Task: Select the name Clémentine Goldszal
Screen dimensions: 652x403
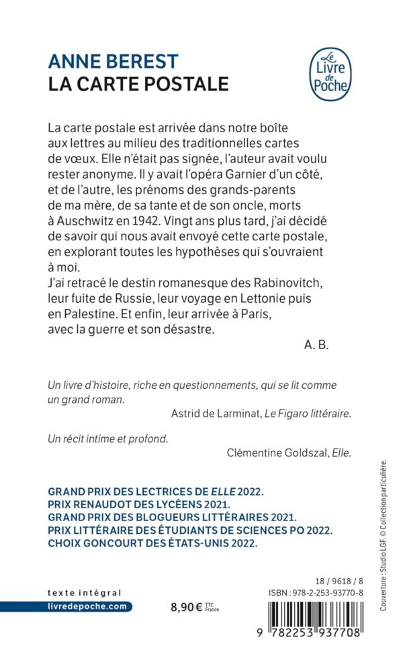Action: pos(266,453)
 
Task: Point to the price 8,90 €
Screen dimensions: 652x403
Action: pos(189,606)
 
